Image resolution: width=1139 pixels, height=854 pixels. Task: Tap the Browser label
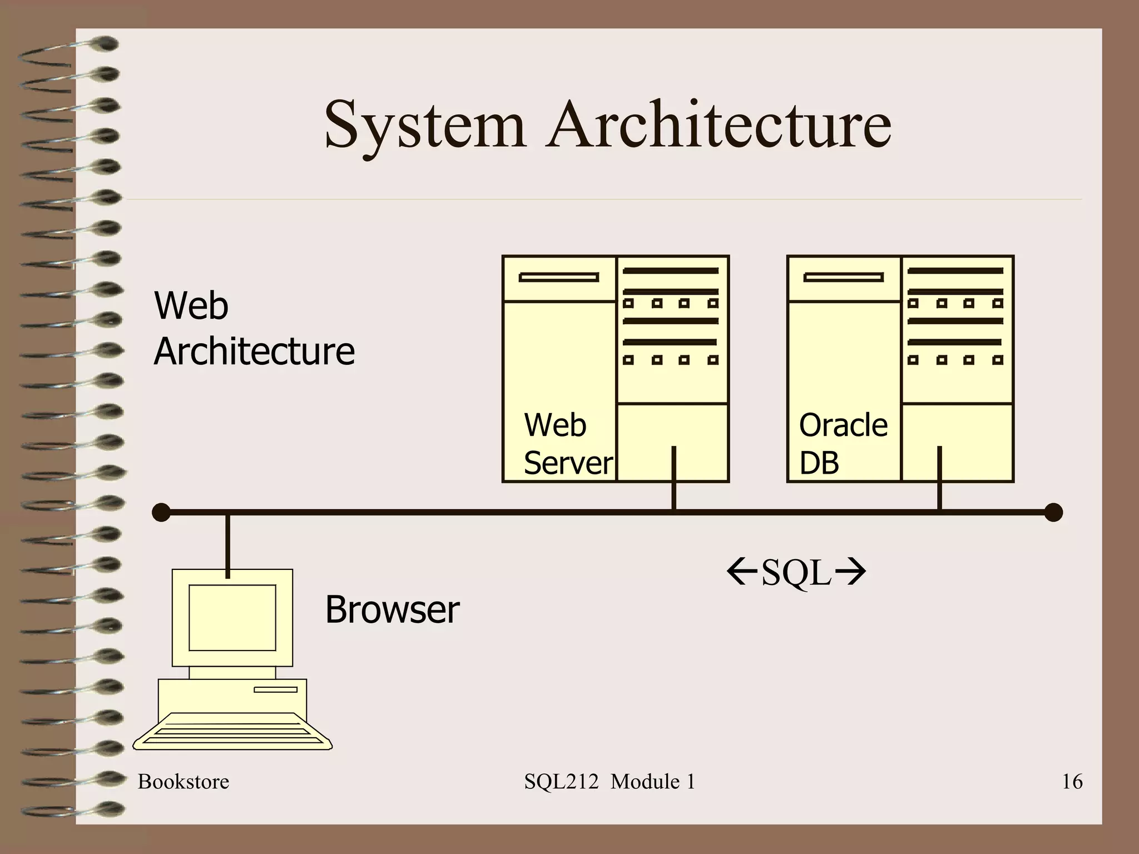click(392, 610)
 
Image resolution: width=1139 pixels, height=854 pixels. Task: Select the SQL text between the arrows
click(796, 573)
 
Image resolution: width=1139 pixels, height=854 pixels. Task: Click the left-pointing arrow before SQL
click(742, 573)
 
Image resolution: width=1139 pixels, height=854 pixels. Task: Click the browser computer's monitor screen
click(232, 617)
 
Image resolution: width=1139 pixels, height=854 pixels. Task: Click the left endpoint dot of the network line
click(161, 513)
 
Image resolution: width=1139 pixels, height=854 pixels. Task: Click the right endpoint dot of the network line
click(1053, 513)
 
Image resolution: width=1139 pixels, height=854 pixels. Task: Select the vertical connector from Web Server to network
click(674, 478)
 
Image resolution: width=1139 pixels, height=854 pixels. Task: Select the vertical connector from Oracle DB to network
click(940, 478)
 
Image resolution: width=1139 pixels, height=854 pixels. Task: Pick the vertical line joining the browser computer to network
click(227, 545)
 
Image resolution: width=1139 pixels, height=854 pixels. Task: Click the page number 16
click(1072, 782)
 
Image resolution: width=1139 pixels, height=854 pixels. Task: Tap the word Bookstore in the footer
click(184, 782)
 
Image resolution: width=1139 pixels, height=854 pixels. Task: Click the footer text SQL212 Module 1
click(610, 782)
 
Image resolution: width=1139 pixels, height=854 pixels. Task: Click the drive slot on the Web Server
click(559, 277)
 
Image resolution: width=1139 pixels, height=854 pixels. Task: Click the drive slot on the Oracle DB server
click(844, 277)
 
